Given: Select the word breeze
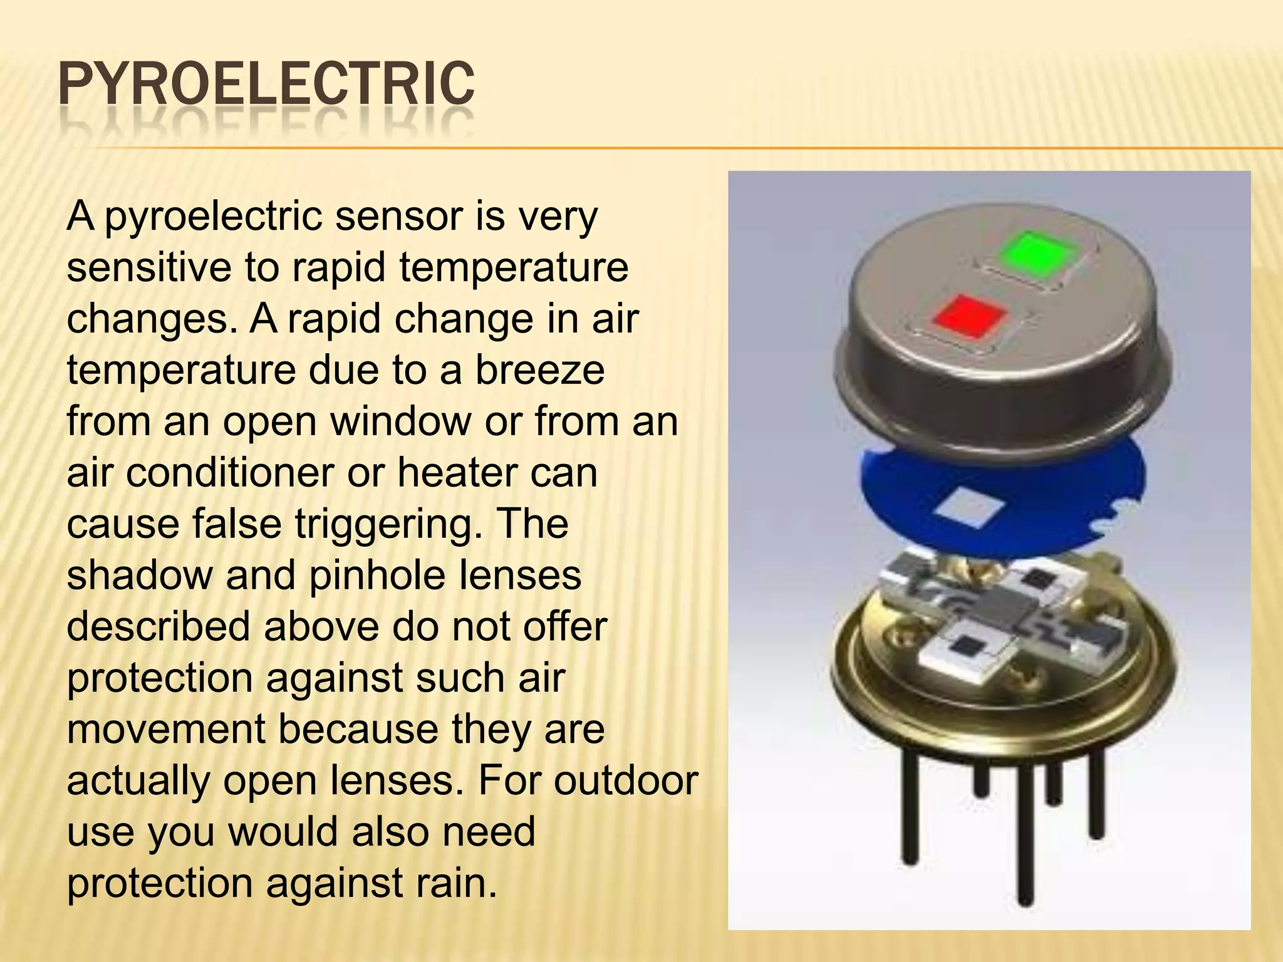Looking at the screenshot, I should tap(540, 370).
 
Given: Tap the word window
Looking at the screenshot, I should tap(401, 421).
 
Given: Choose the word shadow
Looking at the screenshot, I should tap(140, 574).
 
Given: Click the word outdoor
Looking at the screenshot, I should tap(626, 780).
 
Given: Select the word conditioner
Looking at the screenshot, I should tap(229, 472).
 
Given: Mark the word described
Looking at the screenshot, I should tap(158, 626).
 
